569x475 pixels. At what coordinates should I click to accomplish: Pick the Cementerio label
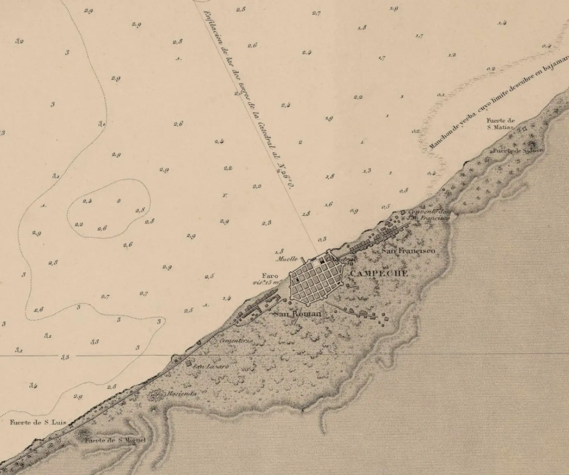(236, 341)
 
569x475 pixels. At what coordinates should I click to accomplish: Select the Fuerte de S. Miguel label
(116, 441)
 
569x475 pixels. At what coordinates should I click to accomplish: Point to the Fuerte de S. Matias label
(500, 124)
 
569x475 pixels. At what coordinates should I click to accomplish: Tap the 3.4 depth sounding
(33, 386)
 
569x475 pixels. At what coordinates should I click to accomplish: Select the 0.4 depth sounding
(546, 46)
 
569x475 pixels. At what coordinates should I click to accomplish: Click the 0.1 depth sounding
(441, 94)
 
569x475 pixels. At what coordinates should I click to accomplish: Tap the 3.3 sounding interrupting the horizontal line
(64, 358)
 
